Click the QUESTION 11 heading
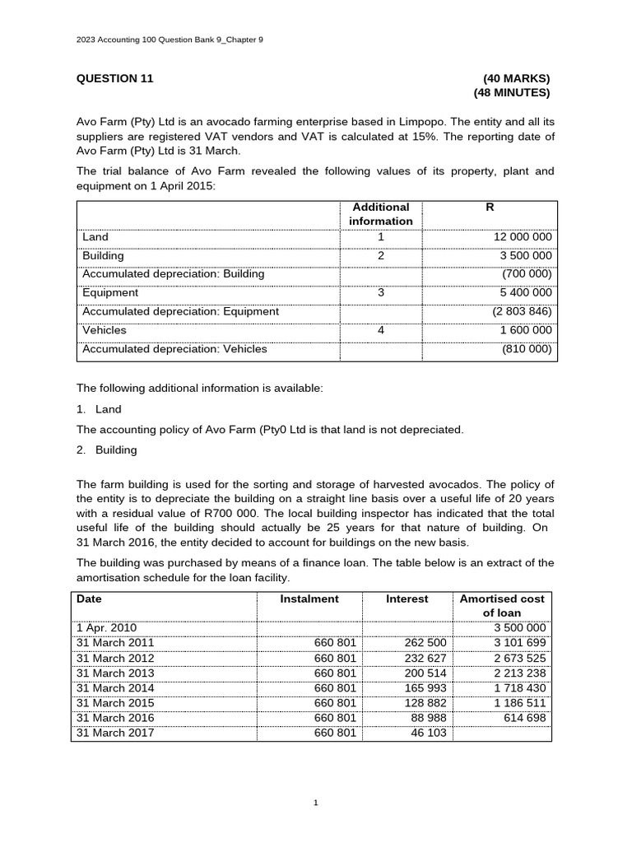(x=115, y=79)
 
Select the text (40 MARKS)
(x=516, y=79)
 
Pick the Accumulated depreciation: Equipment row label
(x=180, y=312)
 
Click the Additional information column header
(x=380, y=214)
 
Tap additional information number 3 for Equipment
(x=380, y=293)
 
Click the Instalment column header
(x=309, y=599)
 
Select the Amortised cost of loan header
(x=502, y=606)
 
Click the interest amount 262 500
(x=428, y=643)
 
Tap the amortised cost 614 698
(x=524, y=718)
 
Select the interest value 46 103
(x=431, y=733)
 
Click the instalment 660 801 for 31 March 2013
(x=335, y=673)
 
